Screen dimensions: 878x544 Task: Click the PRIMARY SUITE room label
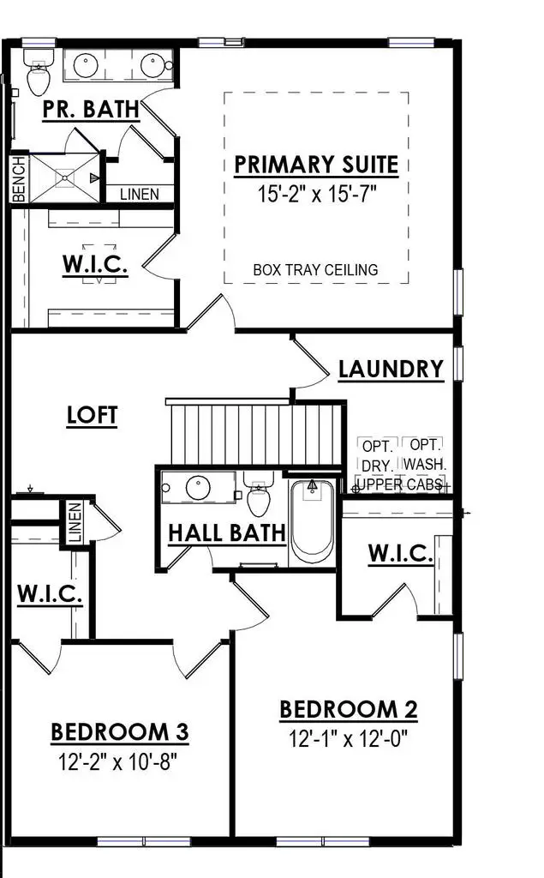click(x=316, y=164)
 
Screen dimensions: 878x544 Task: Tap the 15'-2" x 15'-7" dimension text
click(x=317, y=193)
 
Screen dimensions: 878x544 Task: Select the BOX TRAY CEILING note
click(x=315, y=269)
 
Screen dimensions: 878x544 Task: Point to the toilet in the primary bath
click(x=38, y=75)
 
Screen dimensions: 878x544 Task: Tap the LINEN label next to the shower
click(x=139, y=195)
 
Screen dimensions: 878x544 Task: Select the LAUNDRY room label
click(x=391, y=370)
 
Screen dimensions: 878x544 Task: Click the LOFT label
click(x=93, y=415)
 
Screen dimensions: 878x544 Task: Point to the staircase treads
click(x=257, y=434)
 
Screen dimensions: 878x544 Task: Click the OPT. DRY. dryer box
click(x=377, y=455)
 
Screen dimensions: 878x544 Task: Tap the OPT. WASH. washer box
click(x=423, y=455)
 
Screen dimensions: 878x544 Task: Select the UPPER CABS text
click(x=399, y=484)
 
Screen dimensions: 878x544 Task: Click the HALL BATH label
click(x=226, y=532)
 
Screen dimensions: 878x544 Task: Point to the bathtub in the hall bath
click(x=312, y=520)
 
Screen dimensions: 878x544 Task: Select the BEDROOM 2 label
click(x=349, y=710)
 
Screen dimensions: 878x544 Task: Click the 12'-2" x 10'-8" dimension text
click(x=119, y=760)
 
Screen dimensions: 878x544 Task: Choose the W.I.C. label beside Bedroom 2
click(x=400, y=554)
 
